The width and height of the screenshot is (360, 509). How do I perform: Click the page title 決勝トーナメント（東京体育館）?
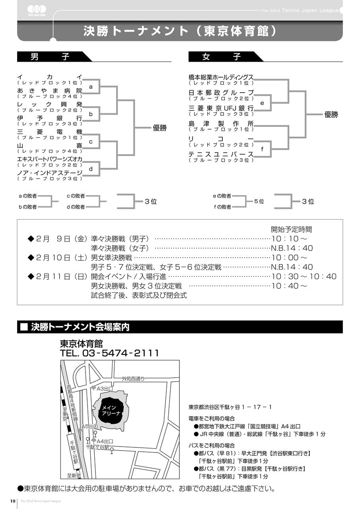click(x=180, y=31)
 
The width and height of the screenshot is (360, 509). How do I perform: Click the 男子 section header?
click(x=50, y=56)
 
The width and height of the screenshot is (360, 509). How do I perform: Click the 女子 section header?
click(x=222, y=56)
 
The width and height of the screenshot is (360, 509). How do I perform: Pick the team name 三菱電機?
click(x=50, y=132)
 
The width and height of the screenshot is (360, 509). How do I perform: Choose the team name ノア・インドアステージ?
click(x=50, y=173)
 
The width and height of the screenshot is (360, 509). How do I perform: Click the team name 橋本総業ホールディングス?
click(x=221, y=77)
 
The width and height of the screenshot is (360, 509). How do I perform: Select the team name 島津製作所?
click(x=221, y=124)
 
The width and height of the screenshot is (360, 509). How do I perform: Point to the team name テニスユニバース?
click(x=221, y=154)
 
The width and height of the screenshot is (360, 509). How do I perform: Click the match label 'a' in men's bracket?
click(x=91, y=87)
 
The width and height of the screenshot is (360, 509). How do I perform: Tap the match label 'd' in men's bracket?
click(x=91, y=169)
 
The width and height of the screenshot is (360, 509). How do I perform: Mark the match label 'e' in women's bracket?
click(x=262, y=103)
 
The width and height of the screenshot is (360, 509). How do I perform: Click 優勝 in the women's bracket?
click(x=331, y=115)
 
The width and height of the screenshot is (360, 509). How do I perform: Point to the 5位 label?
click(x=259, y=202)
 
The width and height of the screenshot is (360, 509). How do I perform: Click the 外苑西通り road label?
click(x=133, y=379)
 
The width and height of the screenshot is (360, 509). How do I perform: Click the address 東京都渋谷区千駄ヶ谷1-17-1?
click(x=230, y=407)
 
